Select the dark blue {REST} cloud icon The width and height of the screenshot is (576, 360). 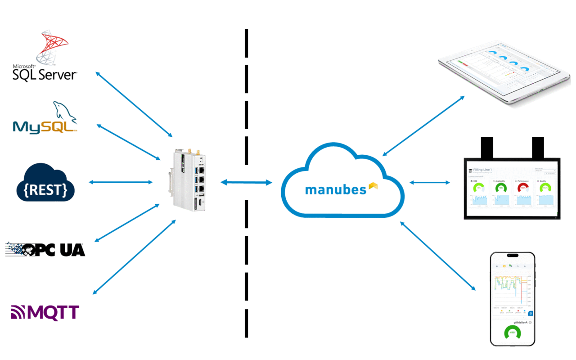(45, 185)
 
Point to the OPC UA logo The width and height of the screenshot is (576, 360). (45, 249)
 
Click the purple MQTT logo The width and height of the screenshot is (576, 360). (45, 312)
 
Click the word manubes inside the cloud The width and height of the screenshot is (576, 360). (336, 190)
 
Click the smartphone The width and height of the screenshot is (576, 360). (513, 299)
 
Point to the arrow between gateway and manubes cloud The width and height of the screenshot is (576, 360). (247, 182)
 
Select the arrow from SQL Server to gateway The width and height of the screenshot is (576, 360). (134, 103)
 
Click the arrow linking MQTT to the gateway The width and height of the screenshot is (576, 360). (134, 257)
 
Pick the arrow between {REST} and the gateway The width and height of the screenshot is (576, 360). (121, 182)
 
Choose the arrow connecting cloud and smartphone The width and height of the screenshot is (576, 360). (437, 255)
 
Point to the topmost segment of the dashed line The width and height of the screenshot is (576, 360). (247, 43)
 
